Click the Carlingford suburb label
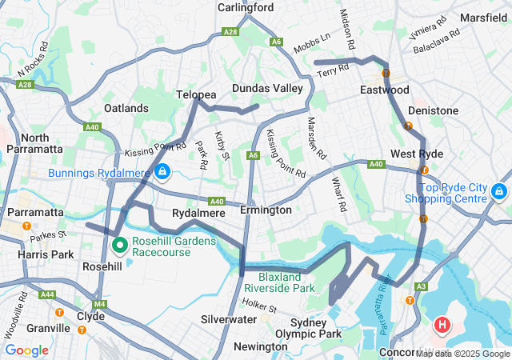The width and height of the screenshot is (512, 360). [246, 7]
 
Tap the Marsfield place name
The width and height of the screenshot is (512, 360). [483, 15]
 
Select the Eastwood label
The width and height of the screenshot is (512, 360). [385, 90]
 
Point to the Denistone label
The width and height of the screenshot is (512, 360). [433, 110]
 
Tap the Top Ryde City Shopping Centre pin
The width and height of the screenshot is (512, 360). [499, 191]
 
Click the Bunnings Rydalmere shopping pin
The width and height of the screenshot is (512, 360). [162, 171]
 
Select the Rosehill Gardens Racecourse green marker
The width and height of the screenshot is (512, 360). [119, 244]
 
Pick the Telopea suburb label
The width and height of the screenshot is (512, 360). [196, 94]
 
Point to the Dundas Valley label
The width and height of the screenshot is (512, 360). [267, 88]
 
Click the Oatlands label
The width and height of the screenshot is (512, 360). [126, 108]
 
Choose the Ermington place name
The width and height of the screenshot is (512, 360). [266, 210]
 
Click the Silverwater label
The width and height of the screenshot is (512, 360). [229, 318]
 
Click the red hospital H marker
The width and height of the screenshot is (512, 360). [442, 325]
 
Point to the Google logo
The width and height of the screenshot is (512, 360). [26, 350]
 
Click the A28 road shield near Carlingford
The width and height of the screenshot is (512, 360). [230, 31]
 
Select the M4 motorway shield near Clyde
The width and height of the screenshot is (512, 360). [99, 304]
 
